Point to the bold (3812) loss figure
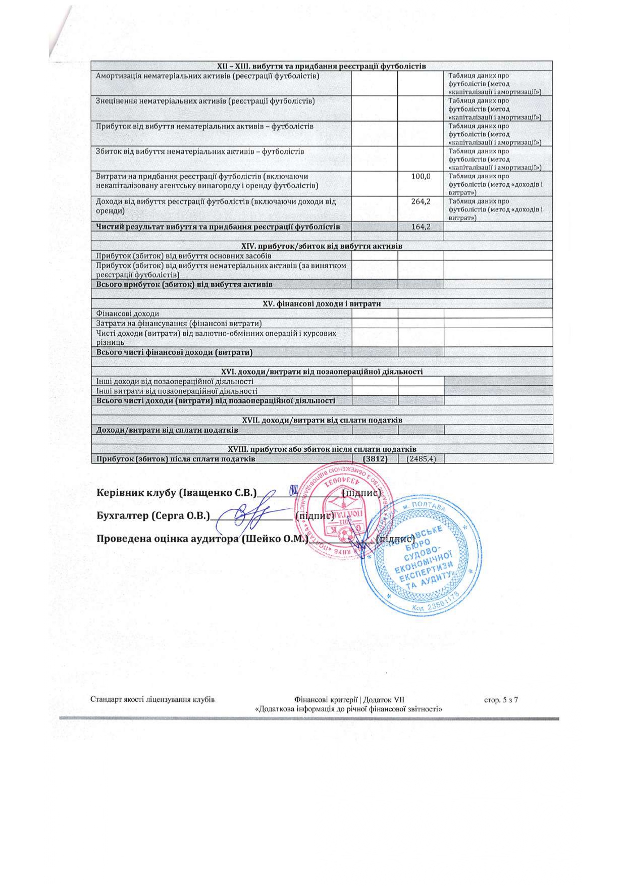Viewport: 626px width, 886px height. [x=375, y=459]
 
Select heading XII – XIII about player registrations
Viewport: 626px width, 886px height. [x=322, y=66]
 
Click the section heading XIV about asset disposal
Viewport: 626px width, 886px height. [x=322, y=246]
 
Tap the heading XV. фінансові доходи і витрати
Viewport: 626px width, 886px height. [x=322, y=304]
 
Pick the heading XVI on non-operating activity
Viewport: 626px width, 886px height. [x=322, y=372]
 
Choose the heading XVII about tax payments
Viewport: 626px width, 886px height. [x=322, y=420]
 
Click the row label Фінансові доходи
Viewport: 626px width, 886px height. [x=128, y=314]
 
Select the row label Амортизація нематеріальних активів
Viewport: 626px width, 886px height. [x=207, y=76]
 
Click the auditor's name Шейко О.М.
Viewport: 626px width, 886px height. [x=275, y=539]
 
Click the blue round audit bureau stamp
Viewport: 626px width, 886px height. [x=421, y=557]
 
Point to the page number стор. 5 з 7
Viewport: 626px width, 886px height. [x=501, y=700]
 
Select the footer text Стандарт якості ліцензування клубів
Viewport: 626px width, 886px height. [x=152, y=700]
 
